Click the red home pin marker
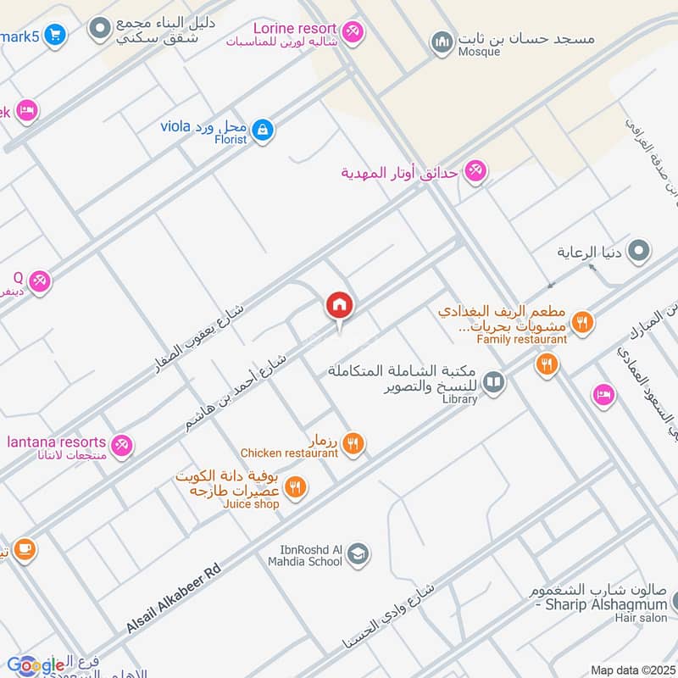pos(340,306)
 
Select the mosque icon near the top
pos(442,41)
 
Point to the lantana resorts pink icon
pos(122,444)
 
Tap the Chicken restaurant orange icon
pos(354,442)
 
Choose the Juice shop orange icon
pos(295,486)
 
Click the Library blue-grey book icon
pos(493,383)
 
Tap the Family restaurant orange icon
pos(581,322)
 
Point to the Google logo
pos(36,665)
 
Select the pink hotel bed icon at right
pos(603,395)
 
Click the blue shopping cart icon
pos(55,35)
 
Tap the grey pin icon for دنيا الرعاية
pos(642,252)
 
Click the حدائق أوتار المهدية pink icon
pos(475,172)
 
